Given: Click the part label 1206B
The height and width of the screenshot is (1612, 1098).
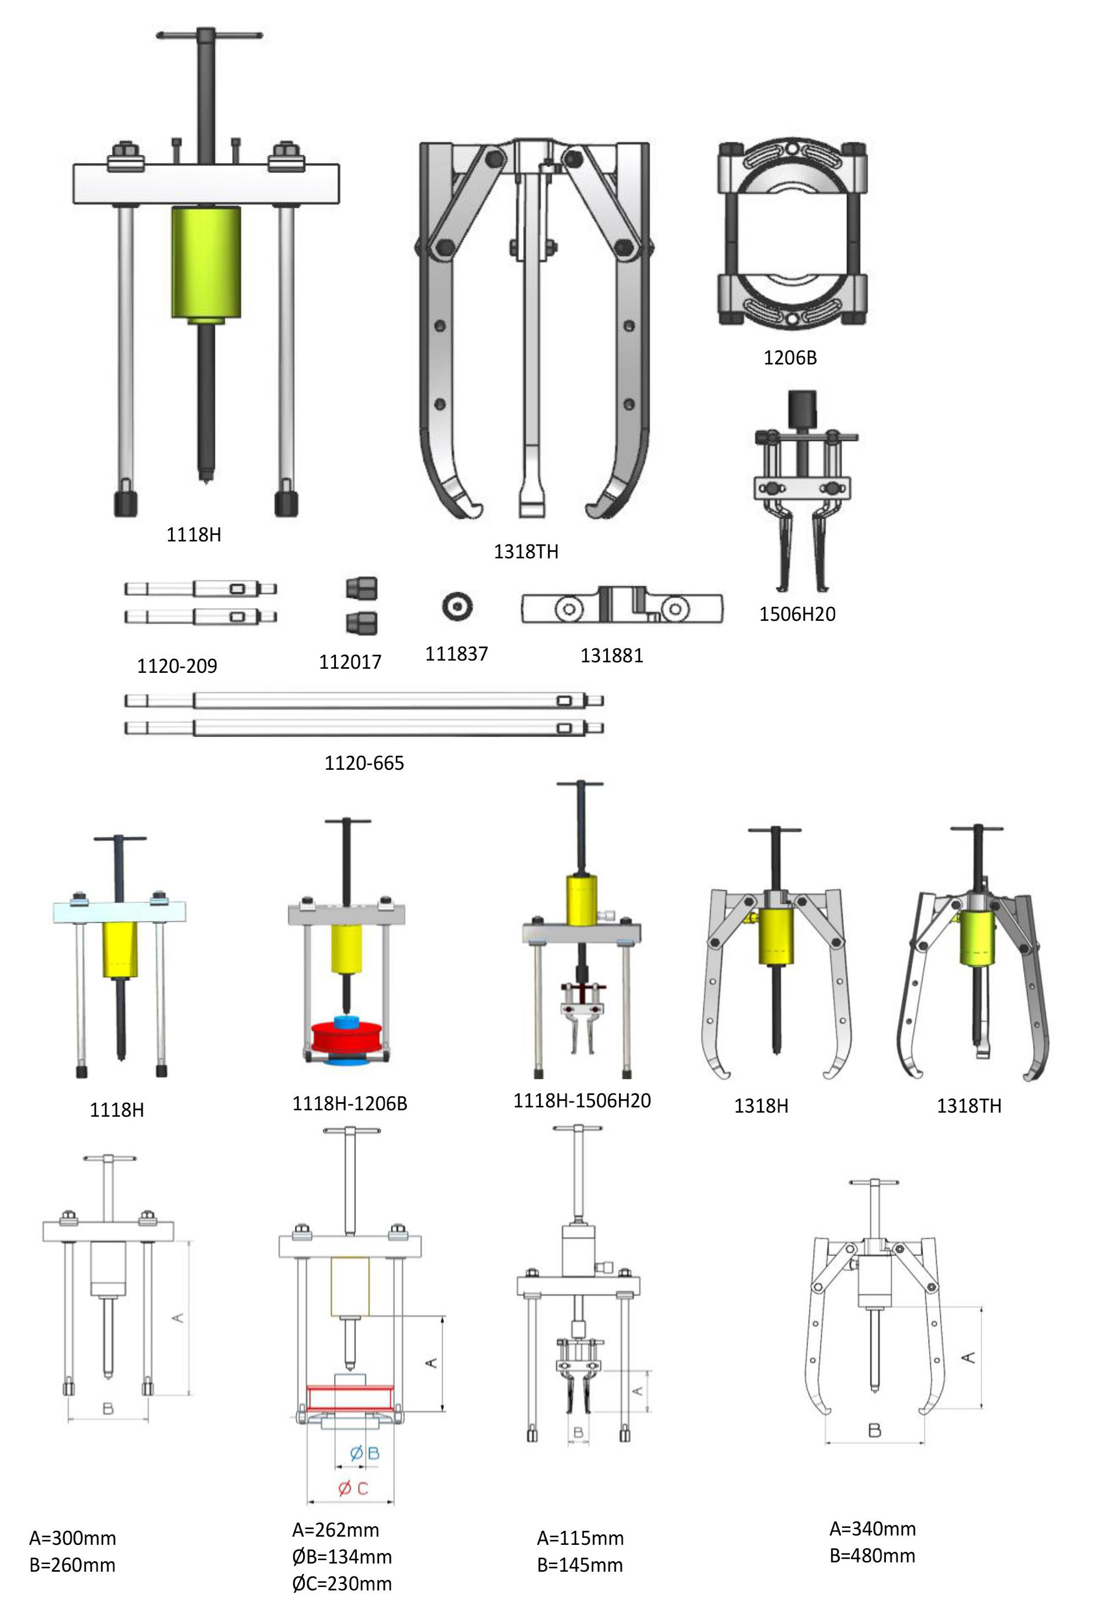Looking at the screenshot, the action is click(x=790, y=358).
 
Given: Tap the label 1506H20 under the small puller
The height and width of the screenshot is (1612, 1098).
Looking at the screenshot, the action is click(x=797, y=614).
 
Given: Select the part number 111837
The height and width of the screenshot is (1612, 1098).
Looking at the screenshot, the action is click(x=456, y=654).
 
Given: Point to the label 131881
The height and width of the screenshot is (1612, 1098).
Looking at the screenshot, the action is click(x=611, y=655).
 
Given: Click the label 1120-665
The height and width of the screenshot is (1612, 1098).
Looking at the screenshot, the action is click(x=364, y=763).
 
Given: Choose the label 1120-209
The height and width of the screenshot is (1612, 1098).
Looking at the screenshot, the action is click(x=177, y=666).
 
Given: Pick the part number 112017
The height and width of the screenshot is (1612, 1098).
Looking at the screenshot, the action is click(x=350, y=662).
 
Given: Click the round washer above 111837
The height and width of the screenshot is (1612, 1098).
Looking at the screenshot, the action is click(x=457, y=607).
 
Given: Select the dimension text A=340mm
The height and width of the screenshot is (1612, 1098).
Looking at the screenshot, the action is click(x=873, y=1528).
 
